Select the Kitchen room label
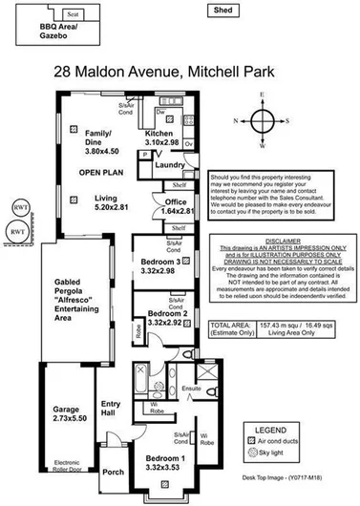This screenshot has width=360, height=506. pyautogui.click(x=158, y=134)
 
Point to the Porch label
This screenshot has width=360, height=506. pyautogui.click(x=113, y=471)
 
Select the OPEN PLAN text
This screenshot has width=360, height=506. pyautogui.click(x=98, y=173)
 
